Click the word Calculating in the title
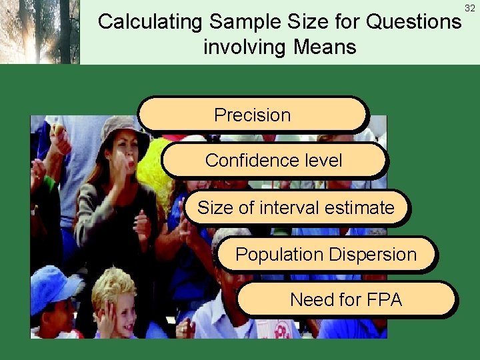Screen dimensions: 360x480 point(151,22)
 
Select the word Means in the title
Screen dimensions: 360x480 point(325,47)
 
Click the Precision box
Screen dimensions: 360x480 point(253,115)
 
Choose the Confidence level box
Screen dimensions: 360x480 point(274,160)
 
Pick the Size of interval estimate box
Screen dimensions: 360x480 point(296,208)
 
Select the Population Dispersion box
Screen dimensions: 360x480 point(326,255)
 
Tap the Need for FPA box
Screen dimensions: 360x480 point(347,300)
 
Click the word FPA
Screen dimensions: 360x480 point(382,300)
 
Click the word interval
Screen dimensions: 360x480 point(292,208)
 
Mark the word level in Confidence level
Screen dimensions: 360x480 point(321,160)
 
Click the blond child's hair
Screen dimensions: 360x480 point(113,283)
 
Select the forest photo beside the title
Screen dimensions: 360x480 point(40,31)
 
